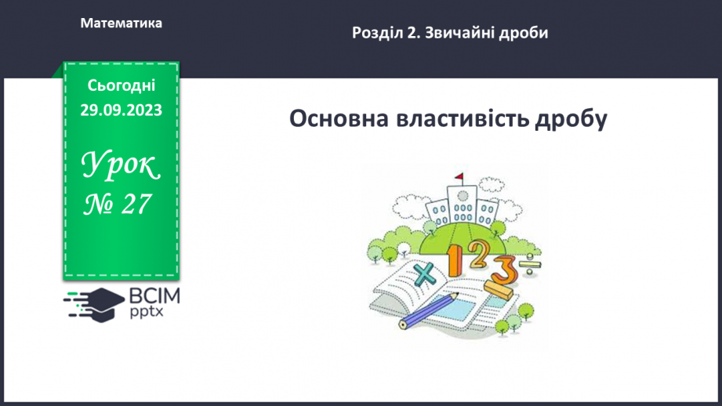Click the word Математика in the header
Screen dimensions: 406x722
(x=122, y=24)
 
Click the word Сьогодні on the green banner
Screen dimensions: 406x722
(x=122, y=85)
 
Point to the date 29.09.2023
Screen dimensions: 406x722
(x=122, y=111)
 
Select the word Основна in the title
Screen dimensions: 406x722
(x=342, y=120)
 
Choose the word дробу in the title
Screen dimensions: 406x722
(x=570, y=120)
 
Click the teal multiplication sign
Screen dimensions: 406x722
(x=424, y=274)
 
